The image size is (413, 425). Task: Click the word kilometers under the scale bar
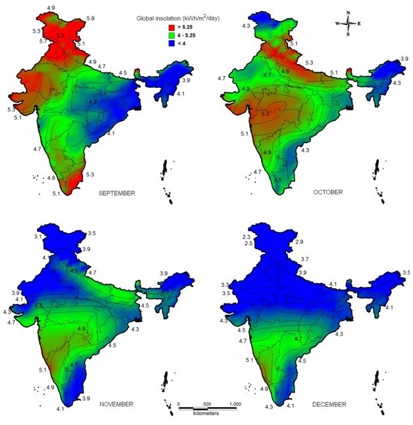coord(206,413)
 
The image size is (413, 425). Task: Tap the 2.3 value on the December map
coord(228,236)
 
